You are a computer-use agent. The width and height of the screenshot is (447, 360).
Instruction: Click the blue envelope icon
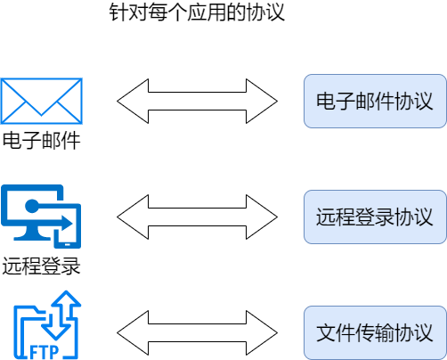coord(42,101)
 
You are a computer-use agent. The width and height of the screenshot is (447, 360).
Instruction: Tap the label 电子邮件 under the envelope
coord(42,141)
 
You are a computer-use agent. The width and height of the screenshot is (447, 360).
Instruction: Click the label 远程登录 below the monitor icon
coord(42,265)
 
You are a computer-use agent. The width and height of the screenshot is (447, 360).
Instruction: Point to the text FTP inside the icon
coord(45,351)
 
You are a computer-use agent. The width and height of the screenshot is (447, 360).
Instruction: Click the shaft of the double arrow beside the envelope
coord(198,101)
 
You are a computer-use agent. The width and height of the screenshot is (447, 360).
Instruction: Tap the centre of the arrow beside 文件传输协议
coord(198,331)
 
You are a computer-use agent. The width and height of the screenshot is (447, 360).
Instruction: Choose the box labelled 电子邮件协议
coord(374,101)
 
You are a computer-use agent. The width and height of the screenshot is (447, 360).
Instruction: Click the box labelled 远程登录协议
coord(374,217)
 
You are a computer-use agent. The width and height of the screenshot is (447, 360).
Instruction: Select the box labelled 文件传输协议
coord(374,331)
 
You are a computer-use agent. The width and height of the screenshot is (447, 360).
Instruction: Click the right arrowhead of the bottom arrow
coord(263,331)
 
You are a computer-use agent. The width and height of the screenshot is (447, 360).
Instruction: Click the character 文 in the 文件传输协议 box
coord(326,332)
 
